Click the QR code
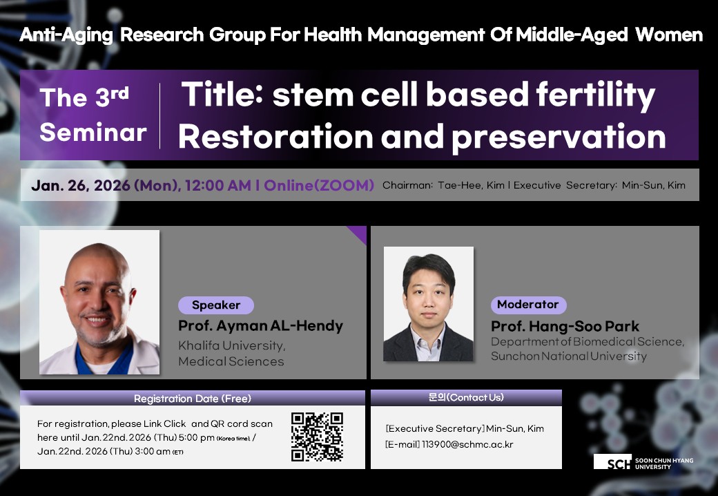317,437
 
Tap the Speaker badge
215,305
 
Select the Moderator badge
528,305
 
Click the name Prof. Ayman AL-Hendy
260,325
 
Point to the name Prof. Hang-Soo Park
565,326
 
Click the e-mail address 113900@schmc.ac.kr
467,444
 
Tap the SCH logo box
612,461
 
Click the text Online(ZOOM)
319,186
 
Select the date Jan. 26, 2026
81,186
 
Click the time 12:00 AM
218,186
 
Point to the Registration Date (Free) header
193,399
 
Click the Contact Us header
466,397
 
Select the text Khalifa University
232,345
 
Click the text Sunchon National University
569,356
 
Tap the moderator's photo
429,304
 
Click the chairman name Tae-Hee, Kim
471,186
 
